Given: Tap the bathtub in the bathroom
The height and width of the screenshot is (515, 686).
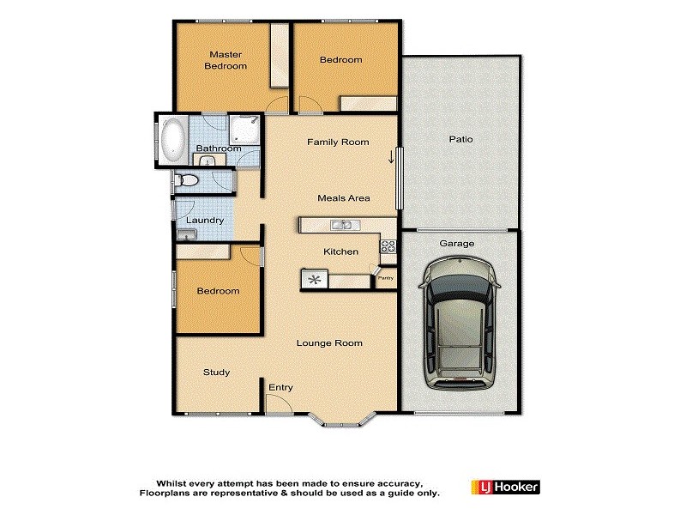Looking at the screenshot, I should [x=172, y=140].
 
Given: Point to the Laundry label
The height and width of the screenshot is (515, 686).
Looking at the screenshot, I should [x=205, y=220].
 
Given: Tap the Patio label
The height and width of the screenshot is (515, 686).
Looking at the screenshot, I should [x=460, y=139].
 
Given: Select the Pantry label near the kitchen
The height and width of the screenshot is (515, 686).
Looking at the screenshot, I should [x=386, y=277].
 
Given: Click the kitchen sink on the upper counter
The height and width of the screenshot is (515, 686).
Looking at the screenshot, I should [x=341, y=226].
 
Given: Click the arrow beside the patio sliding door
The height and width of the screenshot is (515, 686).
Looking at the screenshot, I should [x=391, y=157].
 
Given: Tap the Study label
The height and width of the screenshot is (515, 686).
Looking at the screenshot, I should [x=216, y=373].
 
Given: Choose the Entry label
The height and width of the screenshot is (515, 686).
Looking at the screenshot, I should [x=281, y=388].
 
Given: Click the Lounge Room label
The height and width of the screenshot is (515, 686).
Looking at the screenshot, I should [x=329, y=343].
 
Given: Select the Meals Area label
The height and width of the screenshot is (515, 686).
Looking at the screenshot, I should [x=343, y=198].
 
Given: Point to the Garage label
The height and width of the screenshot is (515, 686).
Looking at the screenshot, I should [x=457, y=244].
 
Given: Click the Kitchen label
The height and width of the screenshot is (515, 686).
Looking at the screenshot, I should [x=340, y=251].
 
